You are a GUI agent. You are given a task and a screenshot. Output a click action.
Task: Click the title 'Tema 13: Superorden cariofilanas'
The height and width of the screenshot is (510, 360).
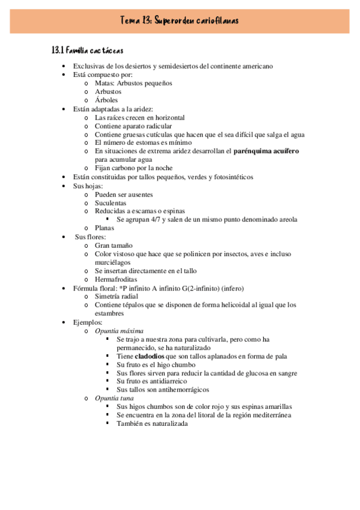coord(179,20)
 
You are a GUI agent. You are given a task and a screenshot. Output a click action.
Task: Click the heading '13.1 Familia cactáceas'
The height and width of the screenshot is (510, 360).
coord(88,51)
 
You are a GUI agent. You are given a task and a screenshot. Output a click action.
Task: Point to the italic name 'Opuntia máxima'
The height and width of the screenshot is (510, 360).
coord(119,331)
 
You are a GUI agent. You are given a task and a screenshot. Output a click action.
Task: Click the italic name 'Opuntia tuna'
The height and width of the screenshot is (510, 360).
coord(114,398)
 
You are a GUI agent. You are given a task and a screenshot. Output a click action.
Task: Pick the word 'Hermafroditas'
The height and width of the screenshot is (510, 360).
coord(116,280)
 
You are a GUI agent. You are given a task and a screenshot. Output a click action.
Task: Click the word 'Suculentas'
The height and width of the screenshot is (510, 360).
coord(111,203)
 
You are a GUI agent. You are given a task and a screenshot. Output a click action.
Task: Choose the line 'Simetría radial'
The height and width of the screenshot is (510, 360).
coord(117,296)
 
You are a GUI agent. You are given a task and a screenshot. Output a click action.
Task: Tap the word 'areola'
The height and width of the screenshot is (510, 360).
coord(286,220)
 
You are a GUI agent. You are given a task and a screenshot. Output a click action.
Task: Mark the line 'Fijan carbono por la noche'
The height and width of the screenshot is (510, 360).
coord(134,168)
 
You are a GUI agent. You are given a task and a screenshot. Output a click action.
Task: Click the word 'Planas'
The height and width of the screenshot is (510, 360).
coord(105,228)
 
